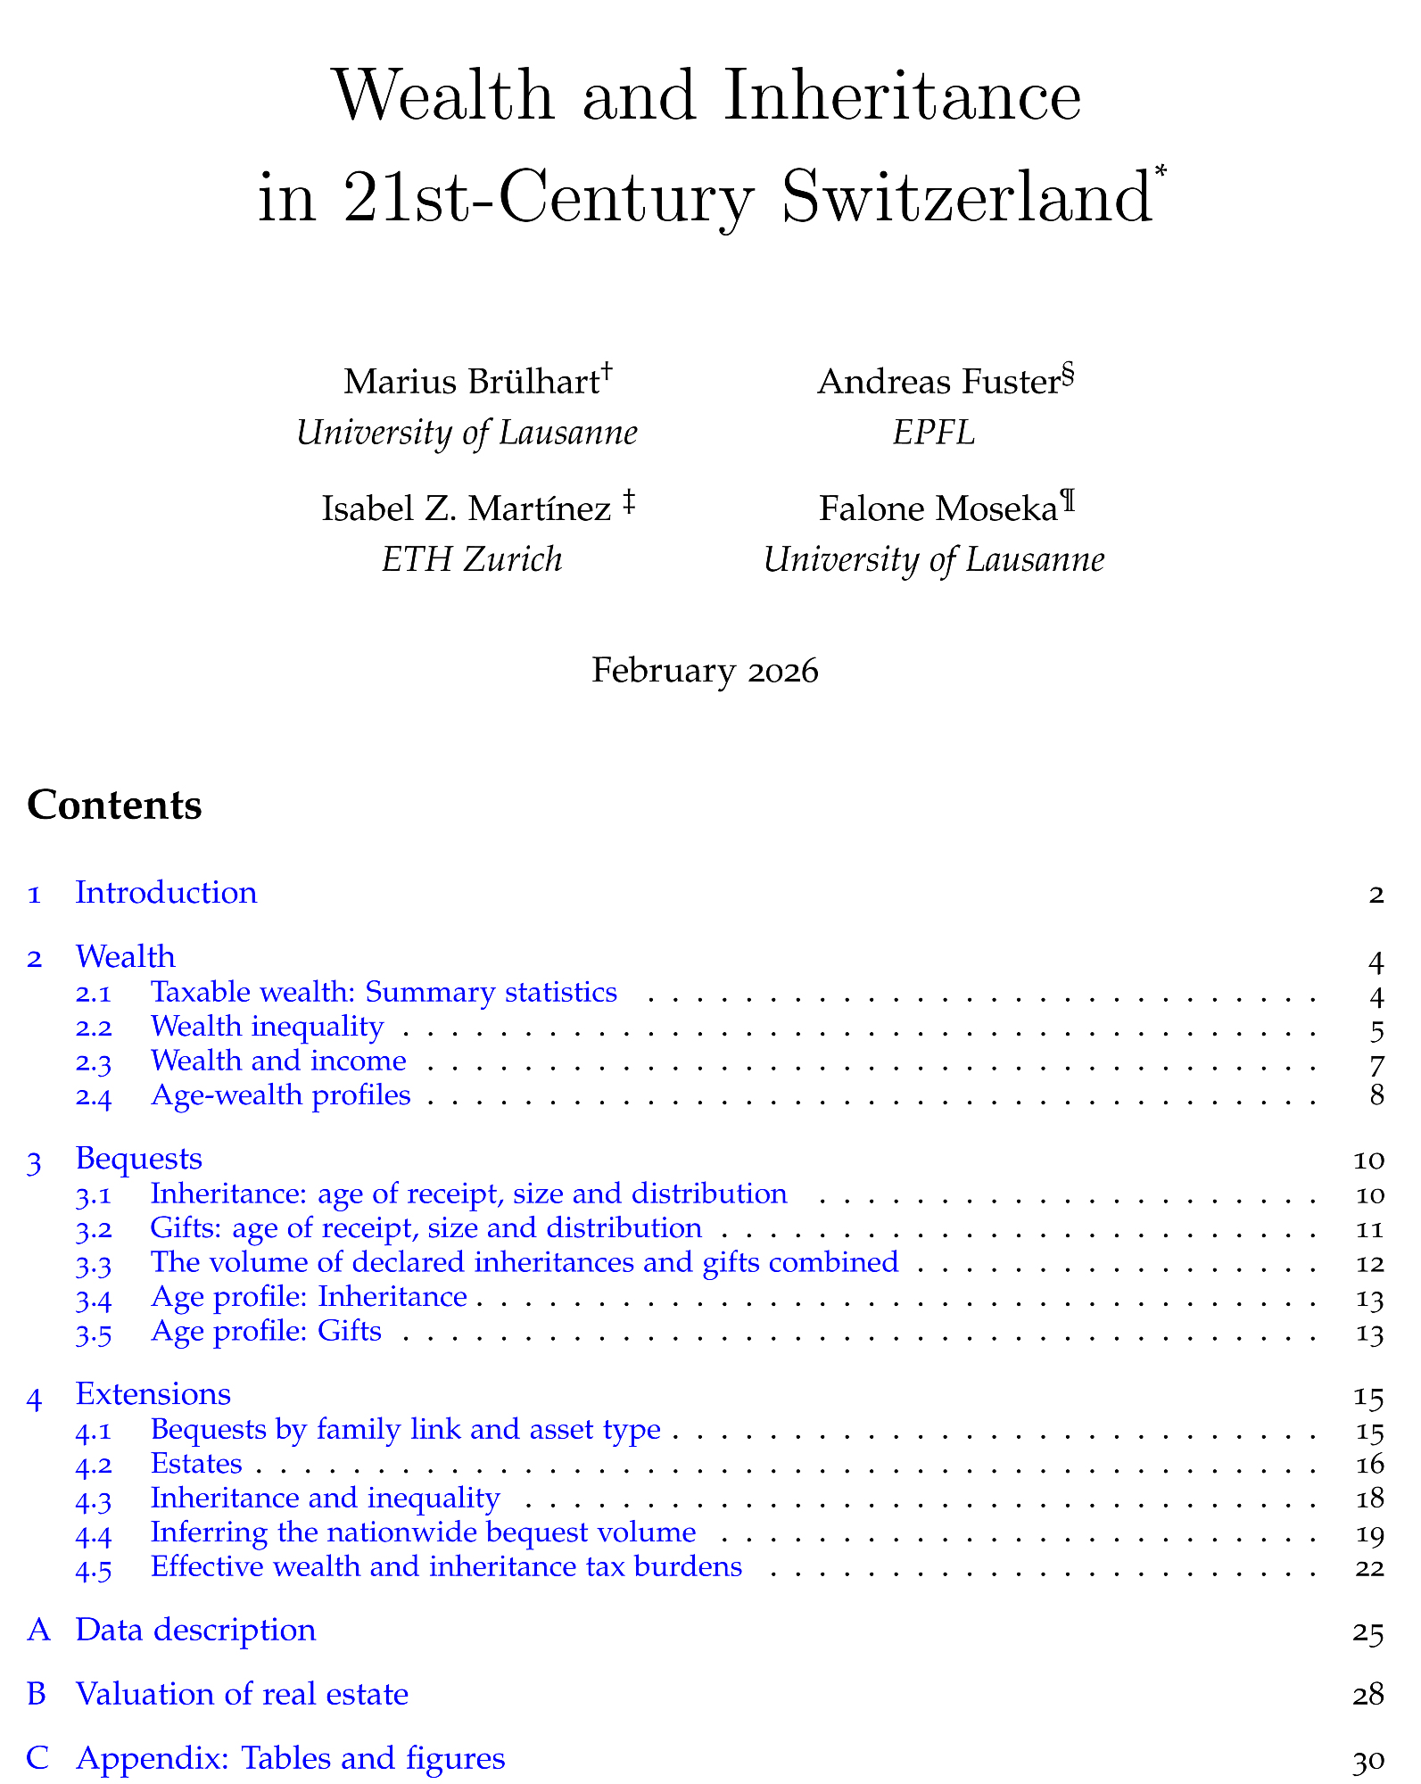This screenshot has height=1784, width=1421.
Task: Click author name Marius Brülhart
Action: (x=469, y=382)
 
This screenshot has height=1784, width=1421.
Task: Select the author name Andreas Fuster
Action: (x=937, y=382)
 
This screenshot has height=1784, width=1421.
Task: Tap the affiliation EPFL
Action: (x=933, y=433)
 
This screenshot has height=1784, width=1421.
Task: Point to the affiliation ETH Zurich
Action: (x=472, y=559)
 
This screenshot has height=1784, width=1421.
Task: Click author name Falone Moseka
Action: (x=938, y=508)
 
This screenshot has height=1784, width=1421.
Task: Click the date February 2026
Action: (x=705, y=670)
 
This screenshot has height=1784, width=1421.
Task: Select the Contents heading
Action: (x=114, y=805)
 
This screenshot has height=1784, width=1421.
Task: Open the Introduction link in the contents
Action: (x=166, y=893)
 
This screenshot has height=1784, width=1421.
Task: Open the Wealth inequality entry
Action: (x=267, y=1027)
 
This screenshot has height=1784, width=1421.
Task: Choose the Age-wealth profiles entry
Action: (x=280, y=1094)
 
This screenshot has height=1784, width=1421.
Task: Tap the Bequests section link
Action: (x=138, y=1158)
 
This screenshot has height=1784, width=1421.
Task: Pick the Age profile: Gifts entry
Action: (x=266, y=1332)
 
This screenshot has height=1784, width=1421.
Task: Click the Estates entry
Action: (x=196, y=1464)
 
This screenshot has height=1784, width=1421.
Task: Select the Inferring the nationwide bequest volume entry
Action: (x=423, y=1532)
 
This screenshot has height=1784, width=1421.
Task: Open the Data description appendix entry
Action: (x=195, y=1630)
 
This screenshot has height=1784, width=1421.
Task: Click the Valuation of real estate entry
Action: (x=242, y=1693)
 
